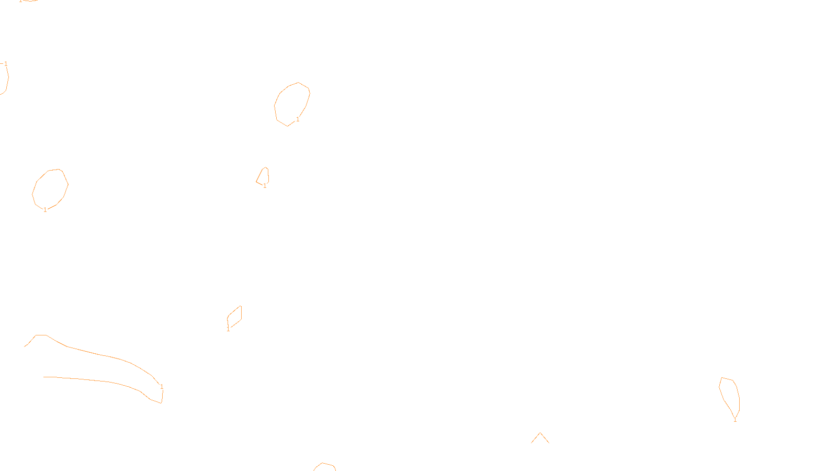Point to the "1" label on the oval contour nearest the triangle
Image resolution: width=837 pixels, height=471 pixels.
(298, 119)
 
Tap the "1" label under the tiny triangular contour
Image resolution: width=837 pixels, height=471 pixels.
(265, 186)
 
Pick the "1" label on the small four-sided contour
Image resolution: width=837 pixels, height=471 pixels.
(228, 329)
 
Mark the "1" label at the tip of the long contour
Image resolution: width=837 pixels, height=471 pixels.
(162, 387)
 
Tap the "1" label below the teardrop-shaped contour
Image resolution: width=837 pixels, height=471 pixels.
(735, 420)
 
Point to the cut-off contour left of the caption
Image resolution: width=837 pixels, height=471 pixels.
(324, 465)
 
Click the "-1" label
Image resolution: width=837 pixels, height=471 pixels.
(4, 64)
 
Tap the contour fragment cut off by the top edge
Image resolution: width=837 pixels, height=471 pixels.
(29, 1)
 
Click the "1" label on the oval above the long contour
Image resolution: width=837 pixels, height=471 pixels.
(45, 210)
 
